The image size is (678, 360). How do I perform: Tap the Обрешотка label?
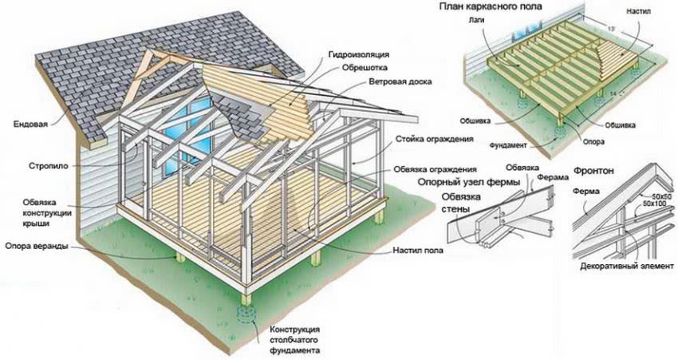pos(365,69)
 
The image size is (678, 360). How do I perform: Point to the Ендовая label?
pos(30,124)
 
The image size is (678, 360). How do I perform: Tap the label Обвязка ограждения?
pos(435,170)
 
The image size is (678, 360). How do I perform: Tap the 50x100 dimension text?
pos(650,204)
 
